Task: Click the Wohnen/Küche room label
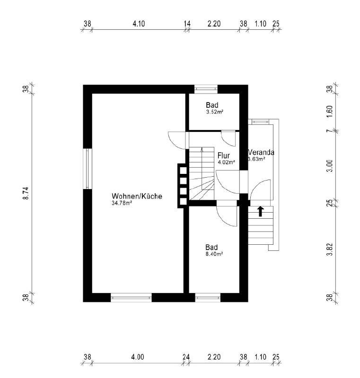[x=137, y=196]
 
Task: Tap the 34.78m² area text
[x=122, y=203]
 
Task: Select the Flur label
[x=224, y=155]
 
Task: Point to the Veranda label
[x=261, y=152]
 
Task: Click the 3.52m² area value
[x=215, y=112]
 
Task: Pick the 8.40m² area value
[x=214, y=254]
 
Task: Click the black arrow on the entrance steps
[x=260, y=211]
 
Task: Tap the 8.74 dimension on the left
[x=26, y=193]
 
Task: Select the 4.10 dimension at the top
[x=139, y=24]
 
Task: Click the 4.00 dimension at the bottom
[x=138, y=357]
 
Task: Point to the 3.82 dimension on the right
[x=330, y=249]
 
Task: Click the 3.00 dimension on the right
[x=330, y=166]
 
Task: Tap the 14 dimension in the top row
[x=187, y=24]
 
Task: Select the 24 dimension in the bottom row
[x=186, y=357]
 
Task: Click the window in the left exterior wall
[x=88, y=169]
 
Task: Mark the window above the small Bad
[x=206, y=89]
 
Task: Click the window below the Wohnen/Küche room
[x=131, y=298]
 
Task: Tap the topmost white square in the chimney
[x=184, y=170]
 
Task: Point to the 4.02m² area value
[x=227, y=162]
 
